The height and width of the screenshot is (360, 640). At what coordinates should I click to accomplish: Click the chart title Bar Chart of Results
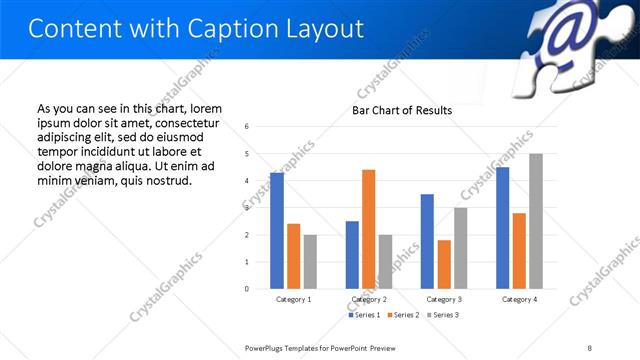(x=401, y=110)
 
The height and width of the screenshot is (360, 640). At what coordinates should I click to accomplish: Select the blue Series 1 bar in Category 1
(x=277, y=231)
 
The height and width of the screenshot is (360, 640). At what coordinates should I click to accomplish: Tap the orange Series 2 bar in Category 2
(x=368, y=229)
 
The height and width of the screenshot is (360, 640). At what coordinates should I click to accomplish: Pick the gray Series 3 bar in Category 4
(x=536, y=221)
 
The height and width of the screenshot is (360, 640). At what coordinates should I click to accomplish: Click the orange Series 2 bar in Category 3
(x=444, y=264)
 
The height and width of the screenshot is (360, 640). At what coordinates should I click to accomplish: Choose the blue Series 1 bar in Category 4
(x=502, y=228)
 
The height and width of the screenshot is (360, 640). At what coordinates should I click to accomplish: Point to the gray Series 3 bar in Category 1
(x=310, y=262)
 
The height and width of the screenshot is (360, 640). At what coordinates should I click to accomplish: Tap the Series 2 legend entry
(x=403, y=315)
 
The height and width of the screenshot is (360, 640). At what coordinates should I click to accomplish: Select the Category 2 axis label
(x=368, y=299)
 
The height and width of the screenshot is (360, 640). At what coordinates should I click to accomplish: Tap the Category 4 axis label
(x=519, y=299)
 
